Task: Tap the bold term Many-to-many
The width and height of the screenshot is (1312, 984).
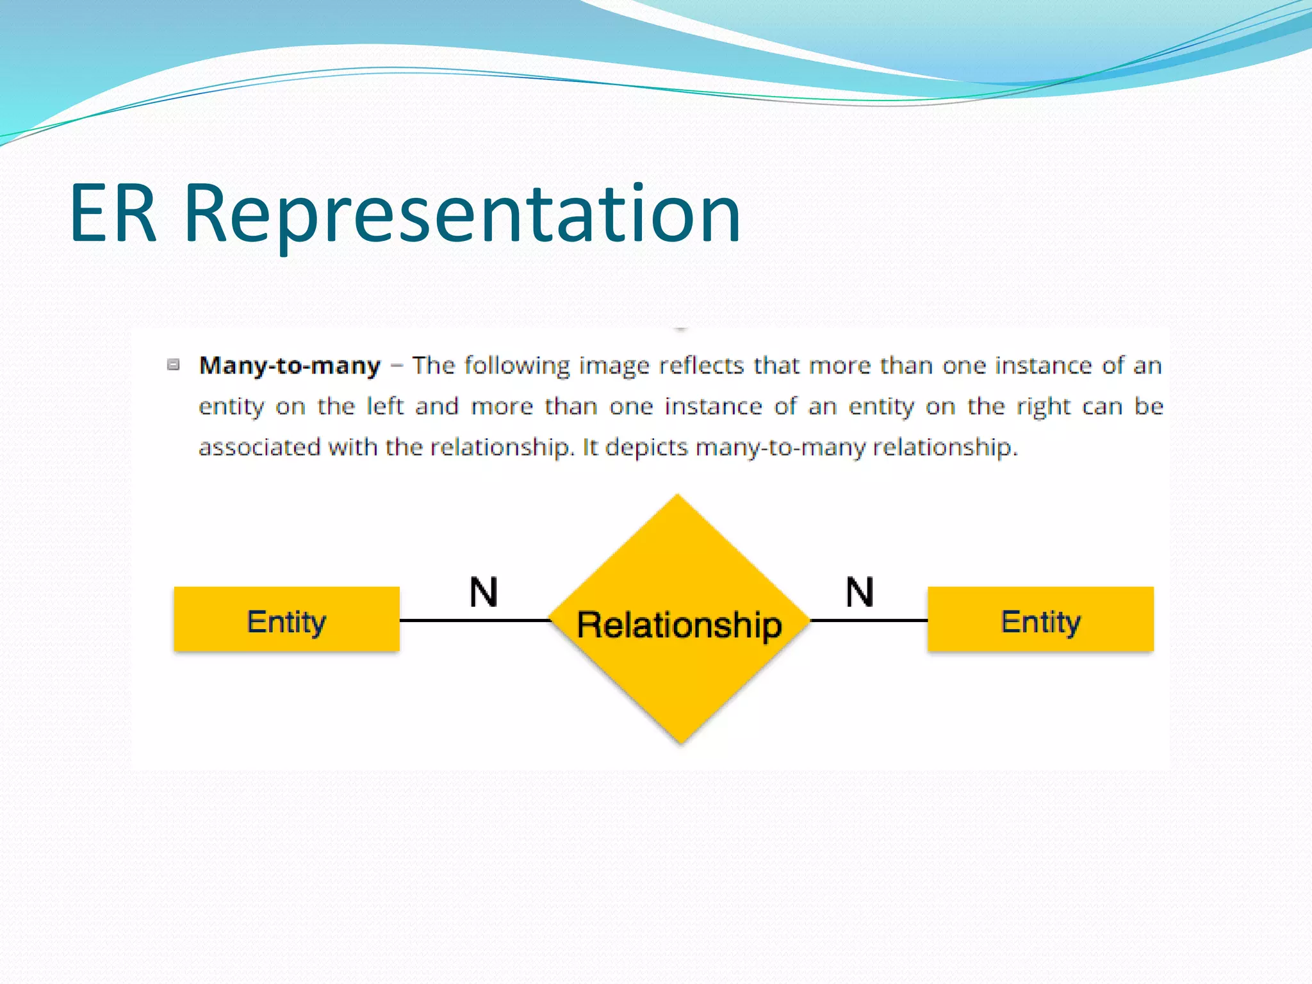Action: coord(290,366)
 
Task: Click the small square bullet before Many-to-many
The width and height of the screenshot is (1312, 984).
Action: coord(173,365)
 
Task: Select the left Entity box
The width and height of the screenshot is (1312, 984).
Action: coord(286,619)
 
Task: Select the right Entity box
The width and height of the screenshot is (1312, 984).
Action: coord(1040,619)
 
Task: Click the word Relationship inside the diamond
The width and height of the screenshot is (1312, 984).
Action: coord(679,625)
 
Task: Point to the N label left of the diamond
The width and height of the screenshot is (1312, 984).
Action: coord(483,592)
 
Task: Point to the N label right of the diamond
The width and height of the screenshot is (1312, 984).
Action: coord(859,592)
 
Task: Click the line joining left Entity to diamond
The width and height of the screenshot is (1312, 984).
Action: coord(474,620)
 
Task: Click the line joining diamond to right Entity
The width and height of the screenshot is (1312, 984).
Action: coord(869,620)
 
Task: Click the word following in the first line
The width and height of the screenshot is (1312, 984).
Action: coord(516,366)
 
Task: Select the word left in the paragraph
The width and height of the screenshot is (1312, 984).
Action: coord(384,406)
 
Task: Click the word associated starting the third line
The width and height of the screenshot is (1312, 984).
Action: coord(259,447)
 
